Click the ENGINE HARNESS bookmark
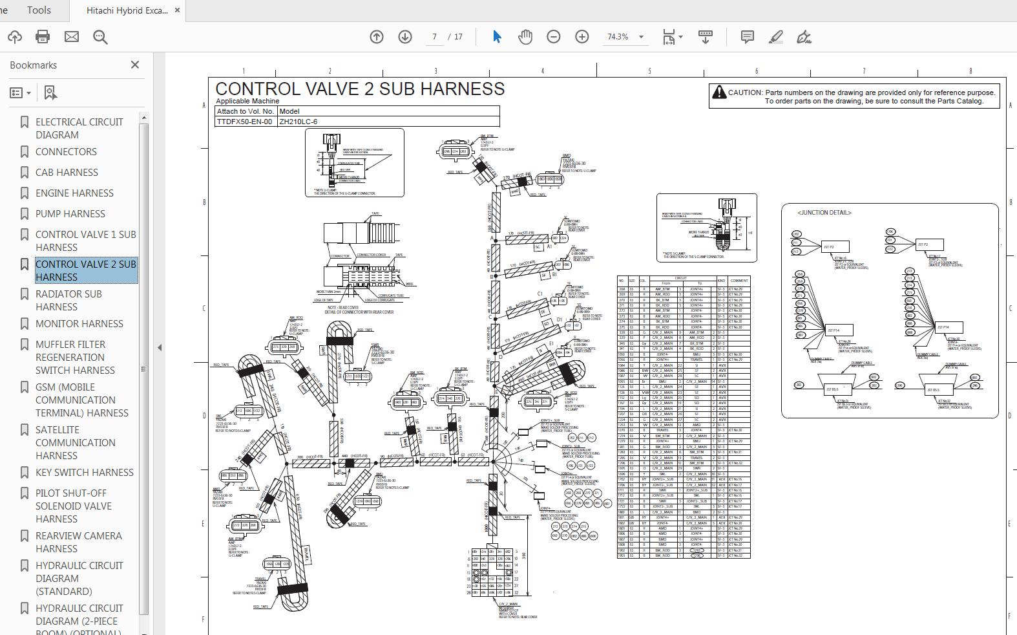74,193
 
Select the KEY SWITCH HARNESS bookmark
84,472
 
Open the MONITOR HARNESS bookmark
79,323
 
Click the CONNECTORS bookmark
66,151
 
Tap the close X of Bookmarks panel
134,65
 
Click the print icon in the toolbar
43,37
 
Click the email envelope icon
72,37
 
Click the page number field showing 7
435,37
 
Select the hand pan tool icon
525,37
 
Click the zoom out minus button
553,37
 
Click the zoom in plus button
582,37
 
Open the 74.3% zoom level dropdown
641,37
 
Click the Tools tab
39,10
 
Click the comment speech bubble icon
747,37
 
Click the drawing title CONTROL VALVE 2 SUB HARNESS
360,89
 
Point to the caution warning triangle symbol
718,92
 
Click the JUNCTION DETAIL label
824,212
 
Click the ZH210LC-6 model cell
298,121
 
